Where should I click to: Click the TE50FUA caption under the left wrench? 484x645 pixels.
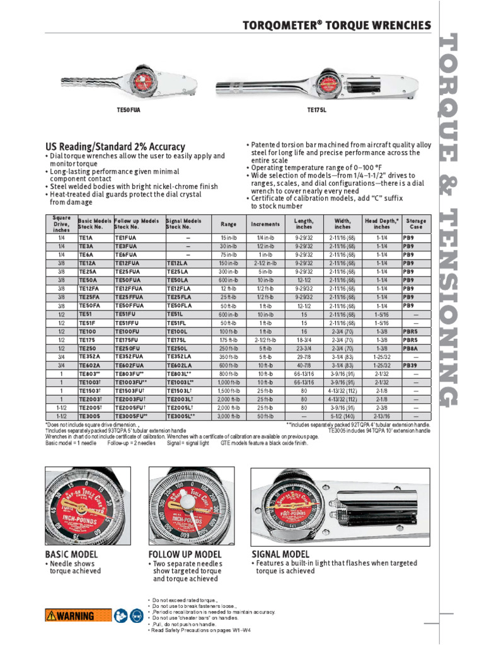click(129, 110)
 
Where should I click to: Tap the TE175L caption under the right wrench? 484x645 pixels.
click(317, 110)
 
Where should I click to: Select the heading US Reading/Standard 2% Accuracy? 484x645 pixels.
click(115, 146)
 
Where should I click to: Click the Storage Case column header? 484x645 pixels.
click(416, 224)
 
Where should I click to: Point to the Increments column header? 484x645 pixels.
click(265, 224)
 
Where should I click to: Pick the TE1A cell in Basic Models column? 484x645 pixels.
click(86, 238)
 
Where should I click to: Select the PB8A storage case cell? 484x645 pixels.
click(411, 348)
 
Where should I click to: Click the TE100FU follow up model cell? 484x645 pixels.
click(128, 331)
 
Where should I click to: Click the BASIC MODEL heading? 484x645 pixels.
click(72, 554)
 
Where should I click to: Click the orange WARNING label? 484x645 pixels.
click(70, 616)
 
